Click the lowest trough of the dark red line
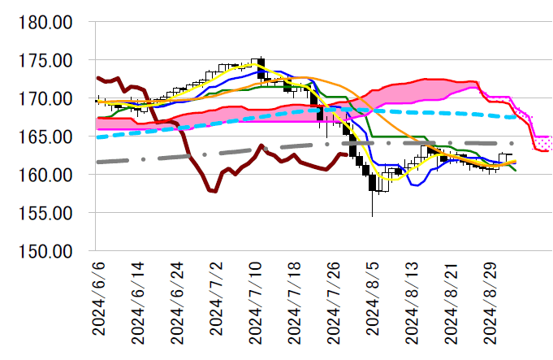[x=213, y=192]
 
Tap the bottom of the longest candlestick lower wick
[x=372, y=217]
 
